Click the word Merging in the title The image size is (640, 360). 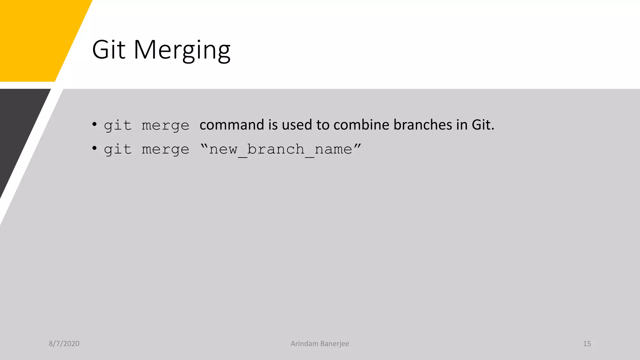182,50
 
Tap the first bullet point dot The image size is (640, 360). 94,124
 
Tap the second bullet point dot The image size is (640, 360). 94,148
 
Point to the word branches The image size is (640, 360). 423,125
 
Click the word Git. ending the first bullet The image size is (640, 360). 483,125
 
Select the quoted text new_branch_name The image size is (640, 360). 281,149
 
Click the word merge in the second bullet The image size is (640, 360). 165,150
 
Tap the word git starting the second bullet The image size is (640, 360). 117,150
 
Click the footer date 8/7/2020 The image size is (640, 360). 64,343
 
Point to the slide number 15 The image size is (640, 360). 587,343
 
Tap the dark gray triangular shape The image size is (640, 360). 19,125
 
